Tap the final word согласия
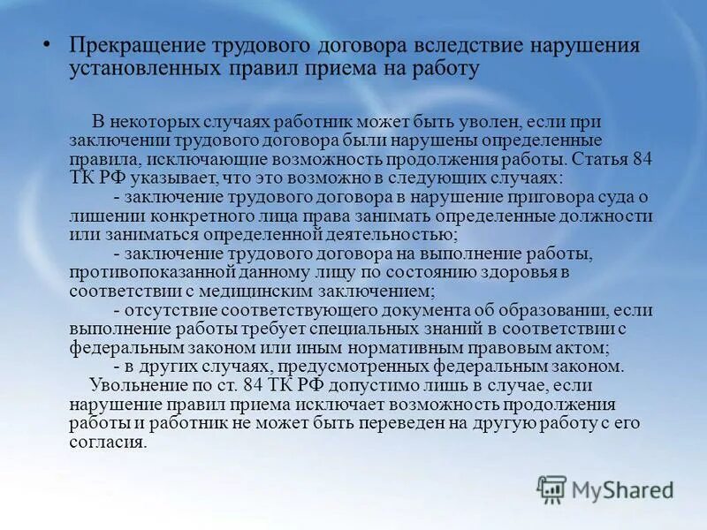pyautogui.click(x=108, y=442)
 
